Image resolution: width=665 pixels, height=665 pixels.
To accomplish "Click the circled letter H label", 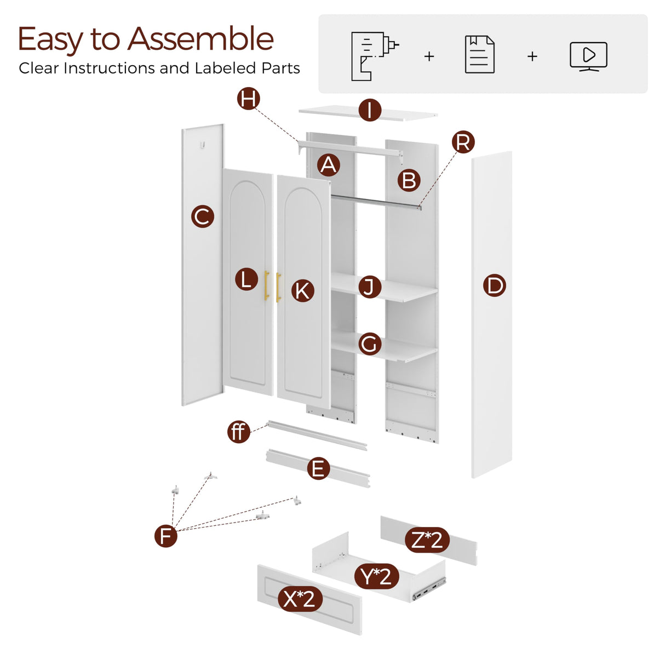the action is tap(248, 99).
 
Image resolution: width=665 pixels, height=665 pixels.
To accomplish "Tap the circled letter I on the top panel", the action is tap(370, 111).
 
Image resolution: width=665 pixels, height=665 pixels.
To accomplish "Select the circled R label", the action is tap(463, 142).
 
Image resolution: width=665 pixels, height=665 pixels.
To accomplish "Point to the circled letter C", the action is tap(203, 216).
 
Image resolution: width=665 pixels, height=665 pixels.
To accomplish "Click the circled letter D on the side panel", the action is tap(495, 285).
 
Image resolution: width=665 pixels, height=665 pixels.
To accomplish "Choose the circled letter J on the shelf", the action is tap(370, 287).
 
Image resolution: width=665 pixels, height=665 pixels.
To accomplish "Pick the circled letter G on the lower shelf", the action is tap(370, 344).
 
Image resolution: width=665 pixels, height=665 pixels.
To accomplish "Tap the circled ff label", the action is tap(239, 431).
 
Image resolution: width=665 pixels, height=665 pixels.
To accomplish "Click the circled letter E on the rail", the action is tap(318, 468).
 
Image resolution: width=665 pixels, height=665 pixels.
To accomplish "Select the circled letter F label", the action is tap(166, 536).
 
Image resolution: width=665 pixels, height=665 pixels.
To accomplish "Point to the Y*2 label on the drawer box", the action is tap(376, 576).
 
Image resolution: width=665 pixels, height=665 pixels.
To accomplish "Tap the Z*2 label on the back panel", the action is tap(427, 540).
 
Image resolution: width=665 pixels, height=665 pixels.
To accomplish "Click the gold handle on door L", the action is tap(266, 285).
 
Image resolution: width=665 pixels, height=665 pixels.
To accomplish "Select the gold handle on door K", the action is tap(278, 287).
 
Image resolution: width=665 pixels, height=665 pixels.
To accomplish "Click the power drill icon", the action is tap(374, 56).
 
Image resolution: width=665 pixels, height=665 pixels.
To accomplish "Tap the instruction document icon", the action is tap(479, 54).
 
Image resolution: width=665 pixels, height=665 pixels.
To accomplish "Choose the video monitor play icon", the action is tap(588, 56).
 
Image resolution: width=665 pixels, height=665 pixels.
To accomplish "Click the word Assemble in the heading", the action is tap(201, 39).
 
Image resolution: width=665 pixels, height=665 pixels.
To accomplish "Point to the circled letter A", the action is tap(328, 165).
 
